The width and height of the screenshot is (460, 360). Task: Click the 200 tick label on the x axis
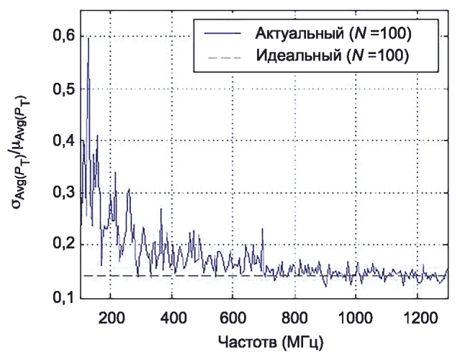pos(111,317)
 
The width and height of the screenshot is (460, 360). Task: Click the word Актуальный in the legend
pos(295,32)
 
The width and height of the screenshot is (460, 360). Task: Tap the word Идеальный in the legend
pos(294,55)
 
